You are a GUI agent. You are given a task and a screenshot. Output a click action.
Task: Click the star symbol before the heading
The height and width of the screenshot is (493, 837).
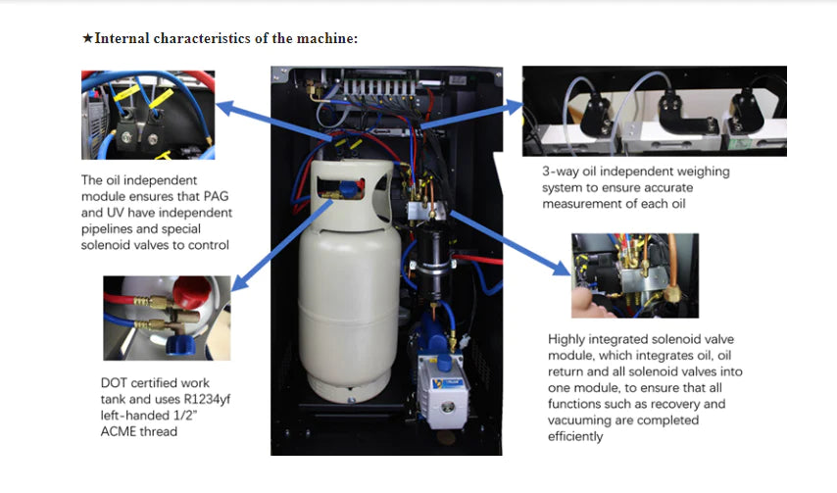pyautogui.click(x=88, y=38)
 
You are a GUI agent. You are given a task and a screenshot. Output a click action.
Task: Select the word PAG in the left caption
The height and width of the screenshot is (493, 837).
pyautogui.click(x=216, y=197)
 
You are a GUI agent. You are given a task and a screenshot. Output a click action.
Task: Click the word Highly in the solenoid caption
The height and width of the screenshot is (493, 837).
pyautogui.click(x=567, y=339)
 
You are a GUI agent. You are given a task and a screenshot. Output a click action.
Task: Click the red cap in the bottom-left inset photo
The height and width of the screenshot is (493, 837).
pyautogui.click(x=211, y=294)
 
